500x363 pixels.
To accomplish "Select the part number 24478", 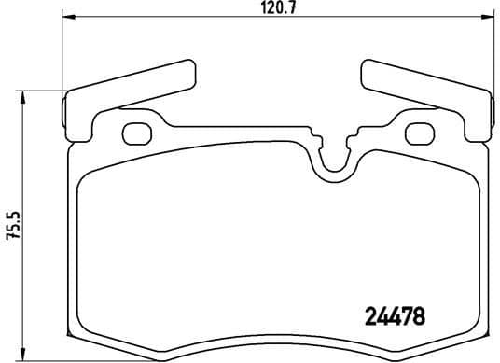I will [x=393, y=316].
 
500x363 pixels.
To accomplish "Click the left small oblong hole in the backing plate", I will [x=137, y=133].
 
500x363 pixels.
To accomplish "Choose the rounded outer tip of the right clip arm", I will [x=365, y=69].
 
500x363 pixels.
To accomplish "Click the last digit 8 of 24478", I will [x=419, y=316].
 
